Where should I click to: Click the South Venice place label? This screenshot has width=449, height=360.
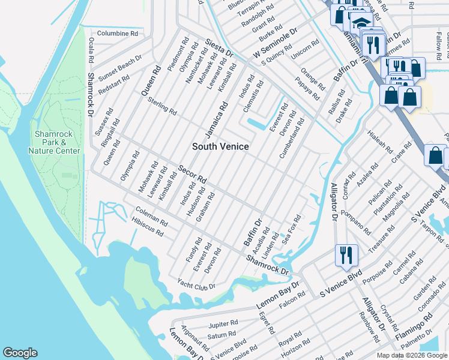tap(220, 146)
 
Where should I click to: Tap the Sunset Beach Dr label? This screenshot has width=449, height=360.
tap(120, 68)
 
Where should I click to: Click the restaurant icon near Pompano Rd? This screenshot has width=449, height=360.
tap(347, 255)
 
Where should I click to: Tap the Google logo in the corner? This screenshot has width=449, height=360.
tap(20, 353)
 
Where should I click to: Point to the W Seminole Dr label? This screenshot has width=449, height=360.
tap(275, 44)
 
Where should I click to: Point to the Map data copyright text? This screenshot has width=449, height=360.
tap(412, 355)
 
